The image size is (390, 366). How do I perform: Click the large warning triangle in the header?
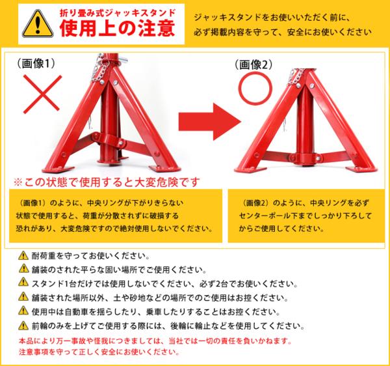(x=38, y=24)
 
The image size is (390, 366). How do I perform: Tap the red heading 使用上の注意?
(x=117, y=28)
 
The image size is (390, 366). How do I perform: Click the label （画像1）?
(x=36, y=64)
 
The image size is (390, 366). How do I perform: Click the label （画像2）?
(x=253, y=64)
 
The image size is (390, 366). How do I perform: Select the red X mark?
(x=42, y=94)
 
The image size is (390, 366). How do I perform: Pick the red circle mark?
(x=255, y=89)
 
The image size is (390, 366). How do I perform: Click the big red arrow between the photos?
(x=210, y=122)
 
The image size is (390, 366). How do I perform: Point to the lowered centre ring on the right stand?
(x=305, y=158)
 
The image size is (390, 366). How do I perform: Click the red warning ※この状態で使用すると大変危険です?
(x=107, y=182)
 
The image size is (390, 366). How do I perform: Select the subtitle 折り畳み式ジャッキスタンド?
(x=118, y=13)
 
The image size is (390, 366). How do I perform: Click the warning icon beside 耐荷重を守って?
(x=23, y=255)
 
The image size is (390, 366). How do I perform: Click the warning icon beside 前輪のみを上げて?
(x=23, y=326)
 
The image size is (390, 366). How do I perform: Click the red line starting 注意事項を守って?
(x=99, y=352)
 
